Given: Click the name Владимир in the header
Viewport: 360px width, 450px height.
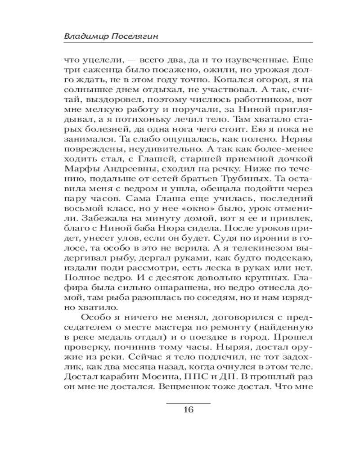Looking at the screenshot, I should (84, 36).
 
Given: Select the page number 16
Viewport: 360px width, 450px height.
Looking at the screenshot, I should (188, 409).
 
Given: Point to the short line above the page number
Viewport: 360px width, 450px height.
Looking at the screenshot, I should (188, 400).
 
